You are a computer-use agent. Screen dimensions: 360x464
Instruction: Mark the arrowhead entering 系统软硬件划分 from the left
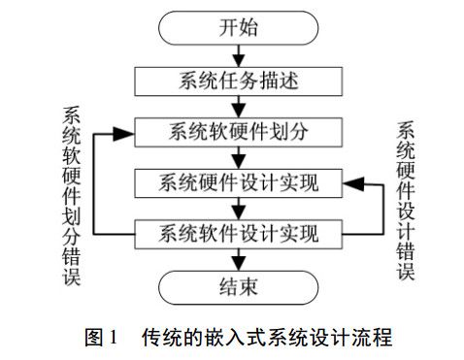(x=124, y=130)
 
